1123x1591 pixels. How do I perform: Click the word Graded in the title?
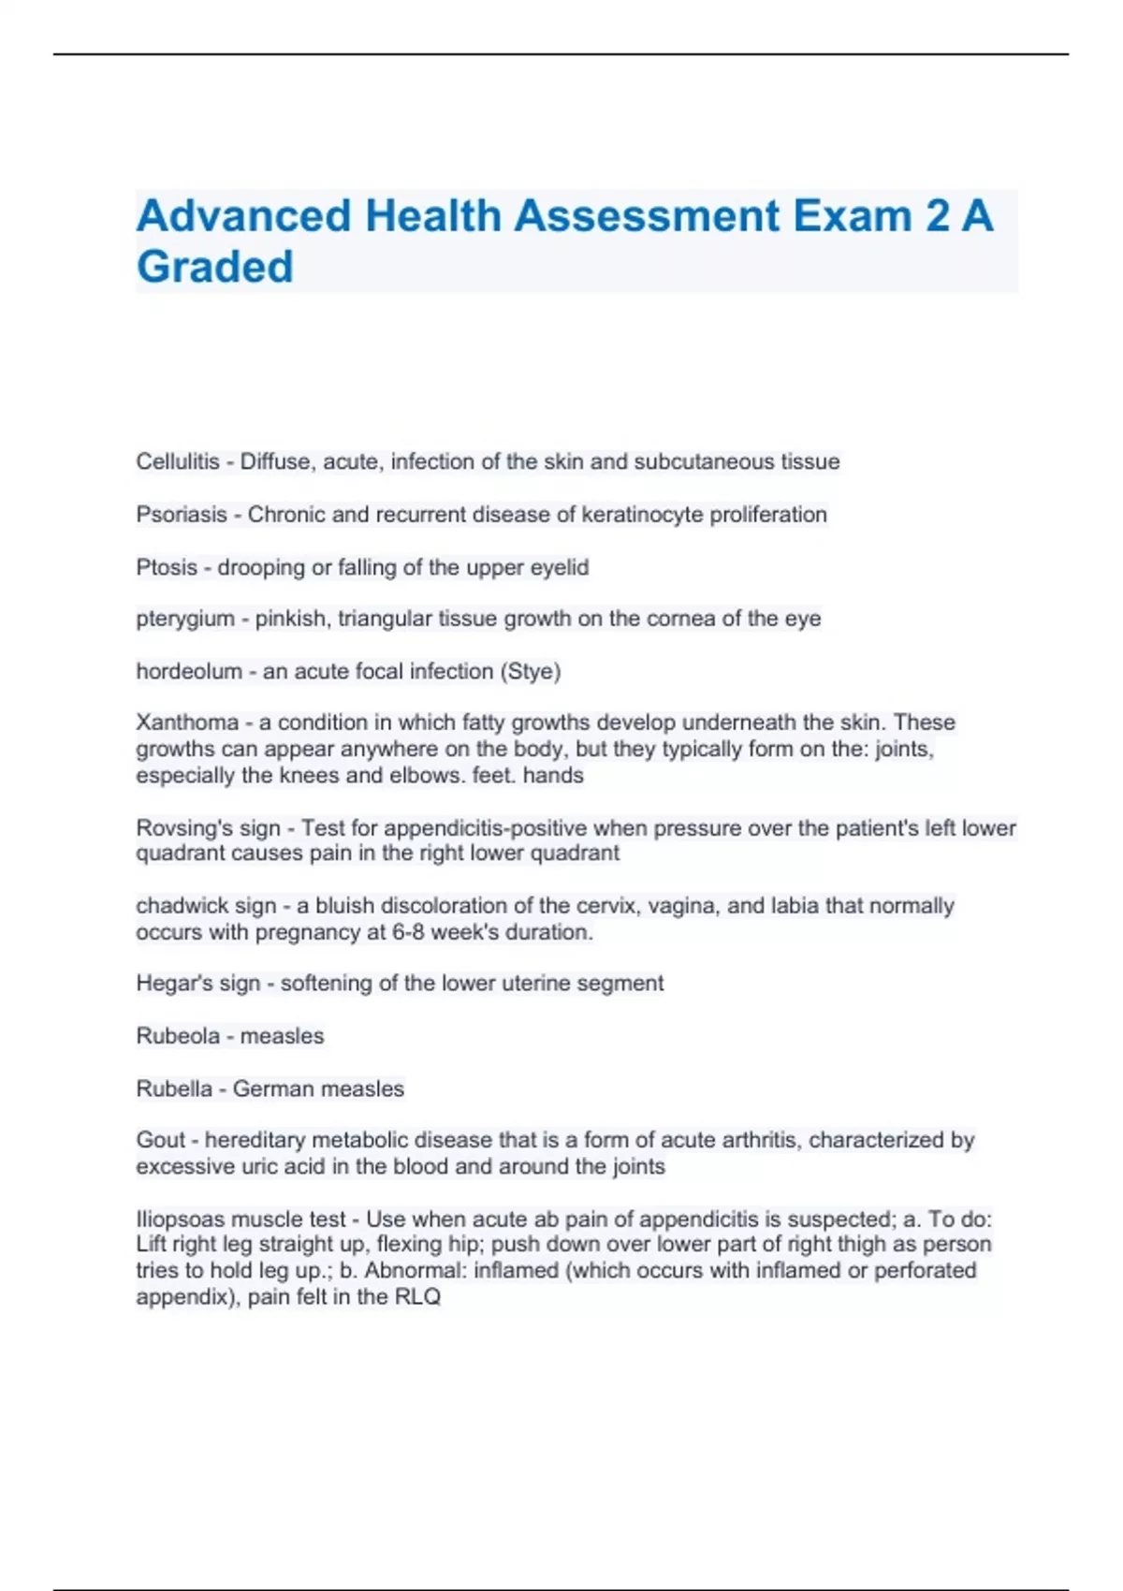[214, 267]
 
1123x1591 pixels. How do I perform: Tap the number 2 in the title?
[937, 216]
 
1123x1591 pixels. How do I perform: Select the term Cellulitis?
[178, 461]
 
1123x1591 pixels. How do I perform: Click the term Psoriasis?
[182, 515]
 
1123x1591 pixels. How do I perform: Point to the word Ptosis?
[167, 567]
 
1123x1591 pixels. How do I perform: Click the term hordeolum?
[189, 671]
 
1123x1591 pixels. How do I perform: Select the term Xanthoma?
[187, 723]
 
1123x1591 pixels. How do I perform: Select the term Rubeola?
[178, 1036]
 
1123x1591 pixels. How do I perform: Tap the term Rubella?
[174, 1088]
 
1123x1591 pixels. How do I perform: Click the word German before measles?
[270, 1088]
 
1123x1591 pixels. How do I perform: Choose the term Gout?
[161, 1140]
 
